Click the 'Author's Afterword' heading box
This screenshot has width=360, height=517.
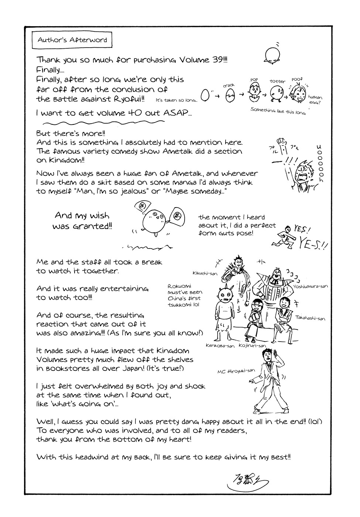click(70, 40)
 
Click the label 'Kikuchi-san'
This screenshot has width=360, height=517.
click(205, 273)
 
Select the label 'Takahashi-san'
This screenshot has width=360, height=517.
click(310, 318)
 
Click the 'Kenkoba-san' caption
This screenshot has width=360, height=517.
click(220, 346)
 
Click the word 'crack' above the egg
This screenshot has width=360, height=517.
click(229, 85)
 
